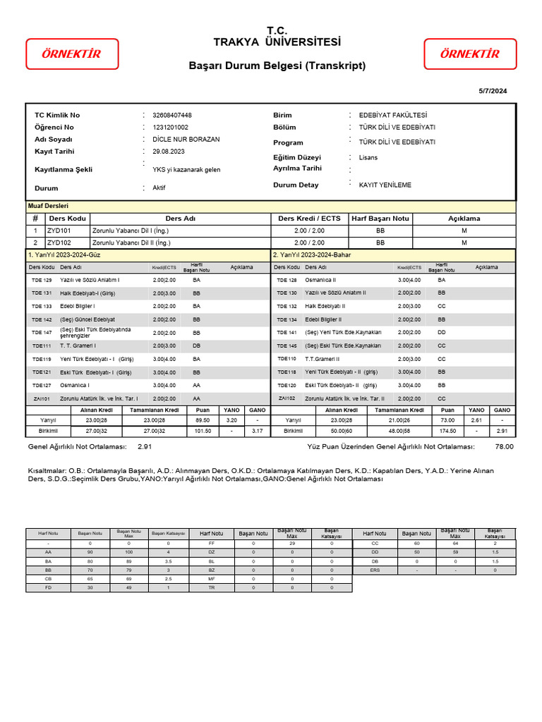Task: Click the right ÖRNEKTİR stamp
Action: [469, 54]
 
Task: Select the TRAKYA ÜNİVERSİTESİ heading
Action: [277, 42]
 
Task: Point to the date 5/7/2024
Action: [493, 91]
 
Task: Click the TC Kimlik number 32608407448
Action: [172, 115]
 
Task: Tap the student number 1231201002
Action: [171, 127]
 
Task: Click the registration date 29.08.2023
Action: [169, 152]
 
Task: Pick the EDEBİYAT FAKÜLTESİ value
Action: [393, 115]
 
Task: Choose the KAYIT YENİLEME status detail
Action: [385, 185]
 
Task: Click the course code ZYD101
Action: [59, 231]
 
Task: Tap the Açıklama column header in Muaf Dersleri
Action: [464, 219]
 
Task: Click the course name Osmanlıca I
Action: [75, 385]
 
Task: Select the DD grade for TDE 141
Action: [441, 332]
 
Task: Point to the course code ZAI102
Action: [287, 398]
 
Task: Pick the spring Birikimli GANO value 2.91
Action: [502, 430]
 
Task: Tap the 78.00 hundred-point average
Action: [504, 446]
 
